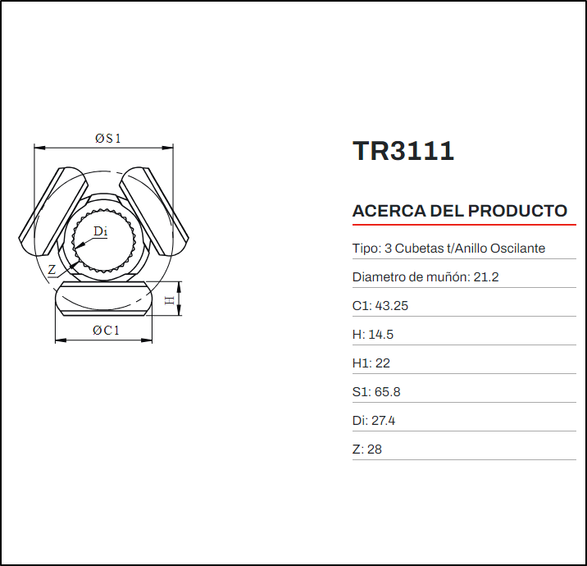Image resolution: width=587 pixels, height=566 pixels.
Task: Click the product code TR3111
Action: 403,151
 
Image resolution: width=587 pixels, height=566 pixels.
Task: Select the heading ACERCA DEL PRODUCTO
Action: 459,211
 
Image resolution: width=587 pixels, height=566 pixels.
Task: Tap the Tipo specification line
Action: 448,249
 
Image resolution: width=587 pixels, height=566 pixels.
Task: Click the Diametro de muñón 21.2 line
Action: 425,277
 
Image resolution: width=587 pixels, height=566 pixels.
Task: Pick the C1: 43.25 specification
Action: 380,306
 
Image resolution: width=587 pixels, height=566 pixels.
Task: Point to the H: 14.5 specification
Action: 374,335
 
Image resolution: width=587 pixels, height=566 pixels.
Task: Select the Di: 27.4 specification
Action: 374,421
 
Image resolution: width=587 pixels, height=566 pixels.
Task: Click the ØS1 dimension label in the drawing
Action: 107,139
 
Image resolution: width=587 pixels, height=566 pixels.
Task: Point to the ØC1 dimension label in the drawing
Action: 106,331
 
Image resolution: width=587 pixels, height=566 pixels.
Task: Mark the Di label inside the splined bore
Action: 100,231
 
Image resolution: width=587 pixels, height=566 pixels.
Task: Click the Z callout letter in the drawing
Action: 52,269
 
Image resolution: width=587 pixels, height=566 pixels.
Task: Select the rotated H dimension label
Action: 170,301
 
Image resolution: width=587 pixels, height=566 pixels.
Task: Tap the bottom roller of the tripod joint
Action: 104,299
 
